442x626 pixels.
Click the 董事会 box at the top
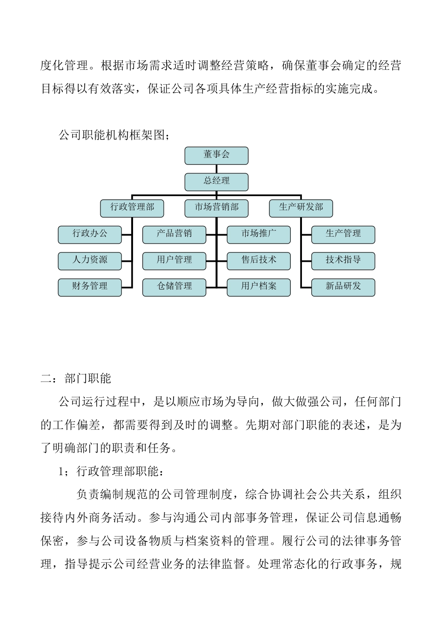(216, 155)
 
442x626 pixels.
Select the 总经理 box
(216, 182)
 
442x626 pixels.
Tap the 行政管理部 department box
(132, 208)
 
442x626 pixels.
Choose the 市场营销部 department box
(216, 208)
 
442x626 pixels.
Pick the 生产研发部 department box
(301, 208)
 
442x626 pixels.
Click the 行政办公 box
(90, 234)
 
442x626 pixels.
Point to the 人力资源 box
(90, 261)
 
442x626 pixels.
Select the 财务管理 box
(90, 287)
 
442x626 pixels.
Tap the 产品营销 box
(174, 234)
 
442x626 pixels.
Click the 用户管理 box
(174, 261)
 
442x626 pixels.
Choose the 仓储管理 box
(174, 287)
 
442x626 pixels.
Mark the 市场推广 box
(259, 234)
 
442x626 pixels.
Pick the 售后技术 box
(259, 261)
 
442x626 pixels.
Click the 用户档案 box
(259, 287)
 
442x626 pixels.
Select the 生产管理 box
(343, 234)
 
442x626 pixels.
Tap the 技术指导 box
(343, 261)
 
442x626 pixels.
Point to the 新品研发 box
(343, 287)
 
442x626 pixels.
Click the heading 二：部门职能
(76, 378)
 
